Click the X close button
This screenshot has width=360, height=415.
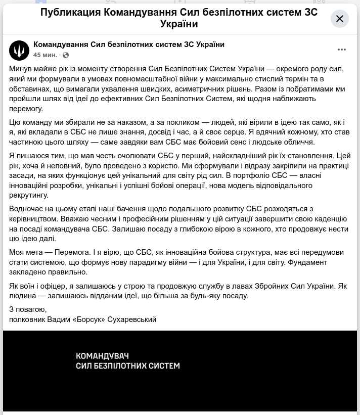[340, 19]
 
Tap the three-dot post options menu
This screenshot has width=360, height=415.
[342, 50]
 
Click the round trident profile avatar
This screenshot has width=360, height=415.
[19, 51]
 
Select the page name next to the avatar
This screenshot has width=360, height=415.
[129, 44]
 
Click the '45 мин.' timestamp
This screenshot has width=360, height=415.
[45, 55]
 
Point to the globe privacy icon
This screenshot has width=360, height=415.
[66, 55]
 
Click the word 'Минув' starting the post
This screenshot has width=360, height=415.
[20, 69]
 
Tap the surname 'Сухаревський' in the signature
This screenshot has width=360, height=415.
[133, 319]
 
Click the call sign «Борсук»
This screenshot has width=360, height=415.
[93, 319]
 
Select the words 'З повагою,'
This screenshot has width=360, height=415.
[28, 309]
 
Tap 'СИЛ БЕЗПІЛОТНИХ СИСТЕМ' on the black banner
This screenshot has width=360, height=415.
[127, 365]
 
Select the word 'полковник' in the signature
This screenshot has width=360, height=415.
[26, 319]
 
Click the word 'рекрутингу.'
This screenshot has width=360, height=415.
[29, 195]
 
